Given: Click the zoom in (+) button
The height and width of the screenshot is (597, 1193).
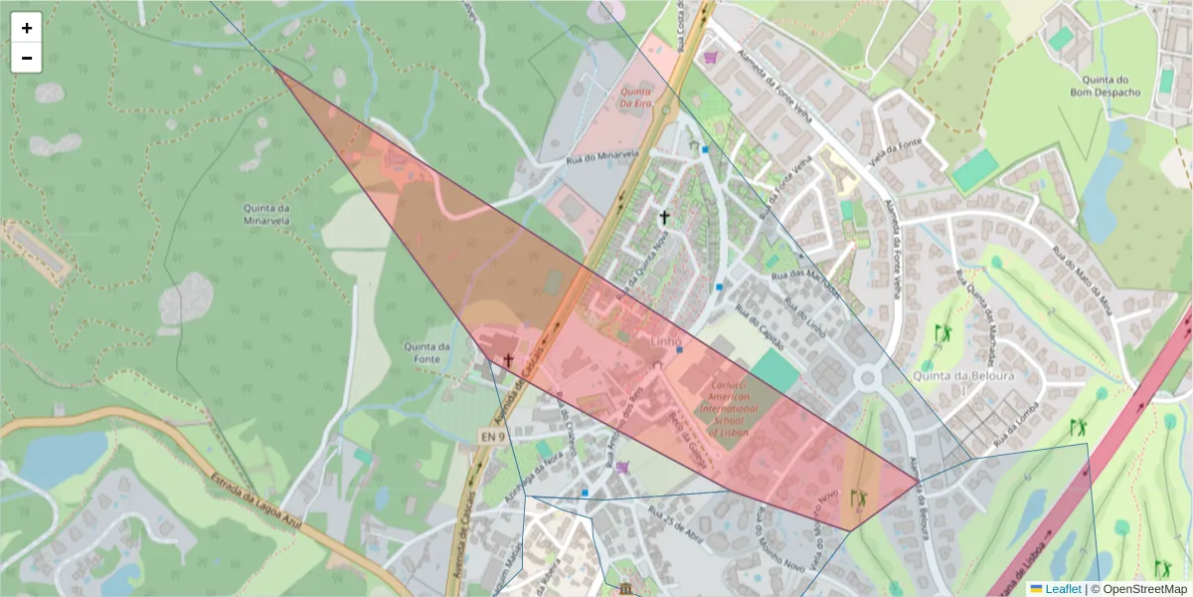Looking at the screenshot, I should click(27, 28).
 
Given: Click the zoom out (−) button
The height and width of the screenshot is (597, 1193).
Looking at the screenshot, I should click(27, 58).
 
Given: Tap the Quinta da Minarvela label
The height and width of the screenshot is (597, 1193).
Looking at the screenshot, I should click(265, 214).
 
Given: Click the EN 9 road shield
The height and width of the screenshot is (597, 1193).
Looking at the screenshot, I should click(487, 436).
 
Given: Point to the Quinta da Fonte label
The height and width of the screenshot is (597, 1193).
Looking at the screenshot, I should click(427, 352).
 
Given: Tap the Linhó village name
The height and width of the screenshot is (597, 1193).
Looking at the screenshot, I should click(666, 342).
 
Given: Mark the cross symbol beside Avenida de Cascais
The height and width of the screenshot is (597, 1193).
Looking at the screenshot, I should click(508, 359).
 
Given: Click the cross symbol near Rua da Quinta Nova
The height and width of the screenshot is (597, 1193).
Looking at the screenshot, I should click(664, 215).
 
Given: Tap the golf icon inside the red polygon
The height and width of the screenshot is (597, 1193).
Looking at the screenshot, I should click(858, 497).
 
